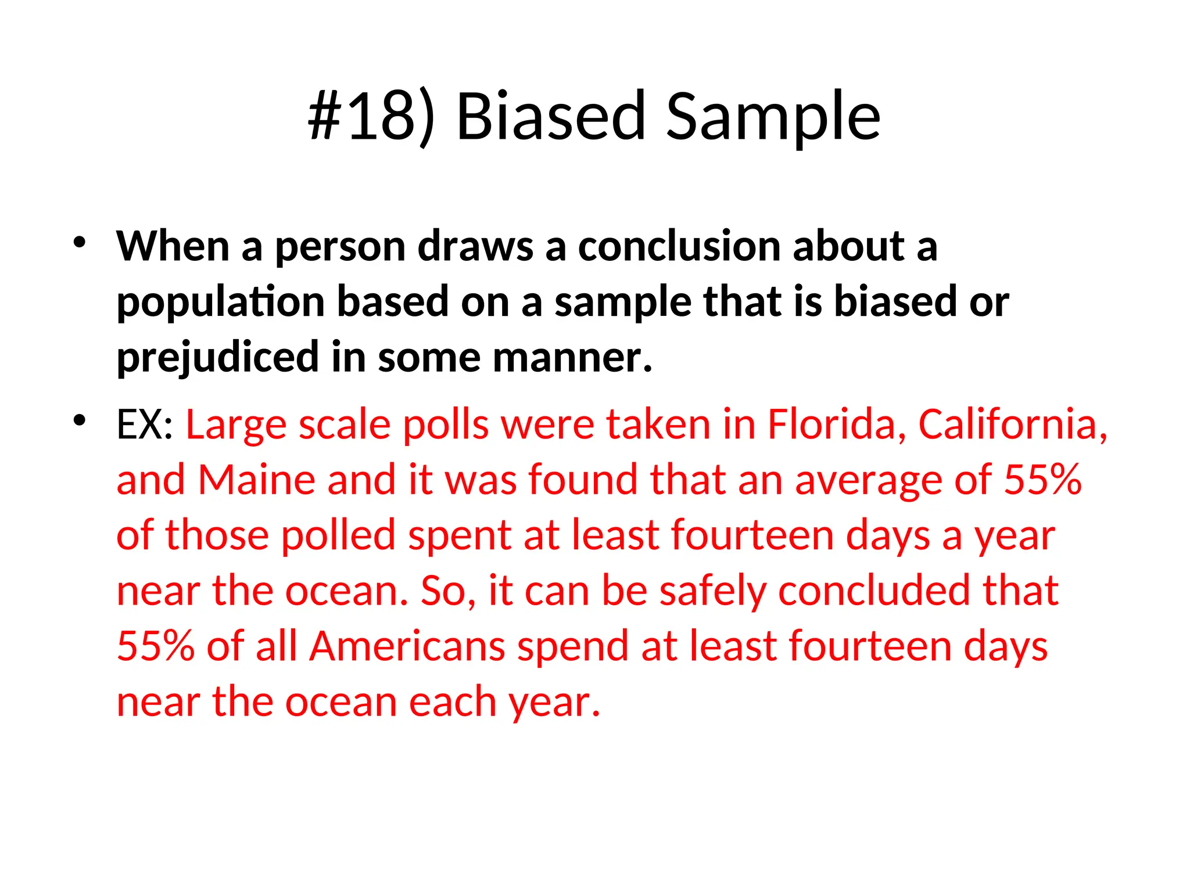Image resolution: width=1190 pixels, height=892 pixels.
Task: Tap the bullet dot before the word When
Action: [x=80, y=242]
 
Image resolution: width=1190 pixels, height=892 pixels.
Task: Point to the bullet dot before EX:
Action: [x=80, y=419]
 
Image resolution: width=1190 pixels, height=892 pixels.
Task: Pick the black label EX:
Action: [x=145, y=425]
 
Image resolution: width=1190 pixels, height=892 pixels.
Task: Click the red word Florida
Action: [x=837, y=425]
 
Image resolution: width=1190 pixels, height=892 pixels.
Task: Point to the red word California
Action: [x=1012, y=425]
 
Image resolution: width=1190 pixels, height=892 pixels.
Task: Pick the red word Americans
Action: [x=407, y=646]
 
